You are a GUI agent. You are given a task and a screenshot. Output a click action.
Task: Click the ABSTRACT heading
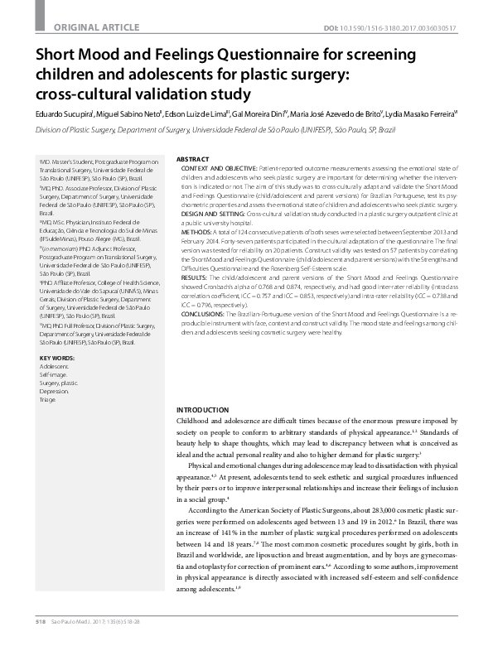coord(193,158)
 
